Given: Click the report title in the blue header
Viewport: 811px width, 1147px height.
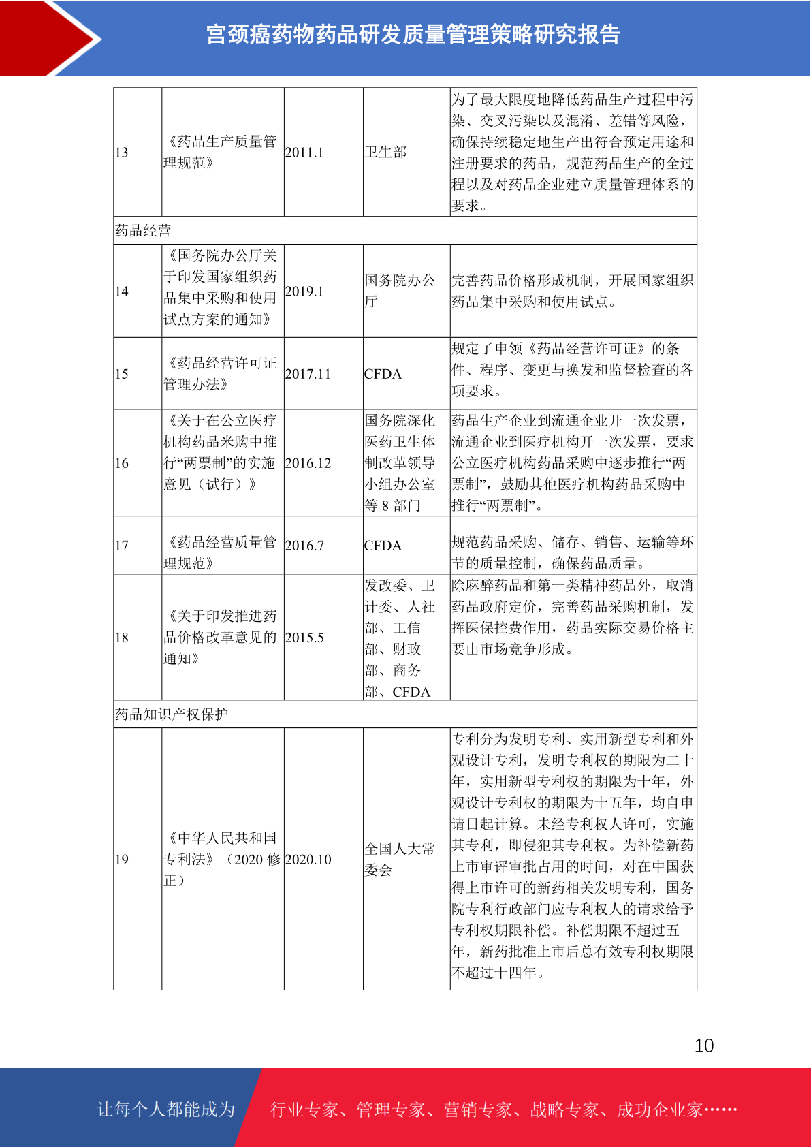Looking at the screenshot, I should [x=413, y=34].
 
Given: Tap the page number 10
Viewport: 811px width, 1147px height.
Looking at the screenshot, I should [x=704, y=1046].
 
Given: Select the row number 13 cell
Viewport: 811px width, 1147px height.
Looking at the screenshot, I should [x=122, y=152].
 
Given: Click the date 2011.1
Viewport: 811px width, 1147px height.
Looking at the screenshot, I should [x=304, y=152].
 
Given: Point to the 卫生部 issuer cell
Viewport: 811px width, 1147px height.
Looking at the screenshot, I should [x=385, y=152].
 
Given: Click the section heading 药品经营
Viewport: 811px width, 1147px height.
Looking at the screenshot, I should [x=143, y=230].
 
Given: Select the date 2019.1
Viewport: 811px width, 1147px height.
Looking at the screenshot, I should [x=304, y=291].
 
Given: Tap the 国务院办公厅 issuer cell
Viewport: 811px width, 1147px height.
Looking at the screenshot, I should [x=400, y=291].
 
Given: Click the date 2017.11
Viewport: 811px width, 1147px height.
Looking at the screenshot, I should [x=308, y=374].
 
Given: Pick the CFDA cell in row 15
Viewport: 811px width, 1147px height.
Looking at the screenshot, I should [x=383, y=374].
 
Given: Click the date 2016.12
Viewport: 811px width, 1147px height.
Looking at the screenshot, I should [x=308, y=463].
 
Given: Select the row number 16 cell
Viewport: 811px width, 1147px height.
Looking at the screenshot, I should [x=122, y=463].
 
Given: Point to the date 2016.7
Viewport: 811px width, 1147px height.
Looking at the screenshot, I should [x=304, y=546].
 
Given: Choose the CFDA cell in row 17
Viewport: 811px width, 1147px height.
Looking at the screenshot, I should [x=383, y=546].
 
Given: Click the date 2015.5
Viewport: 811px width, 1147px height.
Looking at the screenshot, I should [x=304, y=638].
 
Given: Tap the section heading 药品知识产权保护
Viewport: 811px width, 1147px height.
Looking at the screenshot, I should [x=172, y=714].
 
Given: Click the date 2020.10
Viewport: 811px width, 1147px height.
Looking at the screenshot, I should [x=308, y=860].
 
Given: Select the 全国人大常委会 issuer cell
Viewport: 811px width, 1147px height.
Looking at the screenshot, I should [x=400, y=859].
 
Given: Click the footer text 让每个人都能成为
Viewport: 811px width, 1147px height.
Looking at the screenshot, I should [x=166, y=1110].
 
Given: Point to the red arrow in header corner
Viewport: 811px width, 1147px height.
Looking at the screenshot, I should [x=48, y=37].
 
